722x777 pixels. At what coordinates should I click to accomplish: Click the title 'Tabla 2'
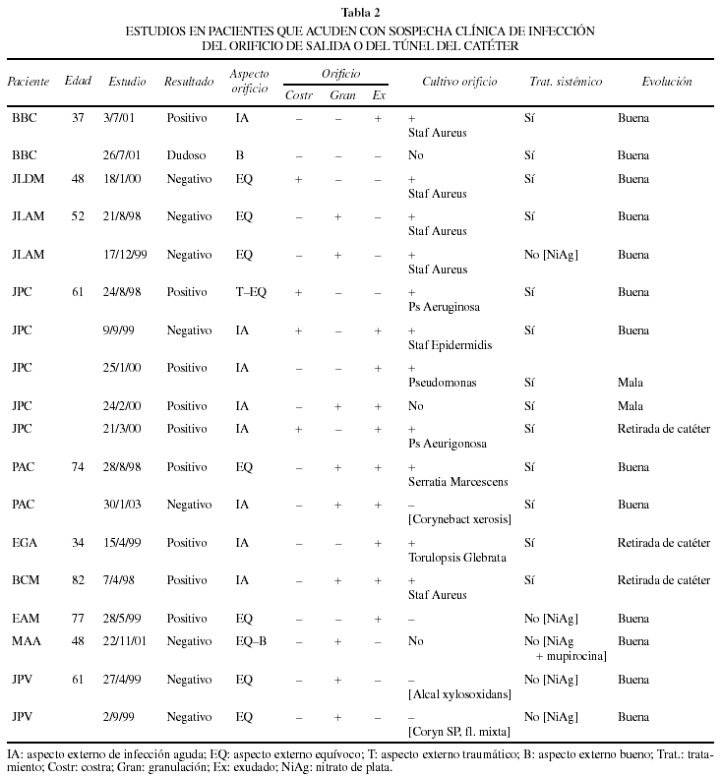360,12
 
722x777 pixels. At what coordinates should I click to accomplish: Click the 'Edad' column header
78,82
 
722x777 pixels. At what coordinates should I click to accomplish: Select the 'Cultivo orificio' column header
459,82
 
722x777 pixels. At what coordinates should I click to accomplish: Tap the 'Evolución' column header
666,82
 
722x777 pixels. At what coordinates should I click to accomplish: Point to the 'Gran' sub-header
342,94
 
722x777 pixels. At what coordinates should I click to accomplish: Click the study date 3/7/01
121,118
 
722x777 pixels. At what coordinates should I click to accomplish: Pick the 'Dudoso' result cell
187,155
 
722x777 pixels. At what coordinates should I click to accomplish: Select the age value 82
78,580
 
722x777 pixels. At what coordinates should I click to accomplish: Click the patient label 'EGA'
25,543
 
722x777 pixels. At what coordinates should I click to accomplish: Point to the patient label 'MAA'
26,641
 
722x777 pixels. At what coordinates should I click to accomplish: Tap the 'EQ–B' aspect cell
250,641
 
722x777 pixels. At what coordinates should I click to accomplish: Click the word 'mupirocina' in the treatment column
571,655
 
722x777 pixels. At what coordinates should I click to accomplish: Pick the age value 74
78,466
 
